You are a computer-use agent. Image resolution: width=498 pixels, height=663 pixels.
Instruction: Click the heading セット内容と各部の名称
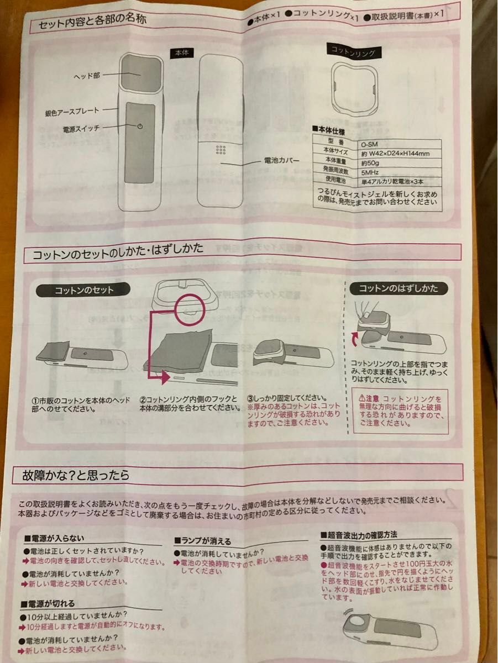click(x=93, y=25)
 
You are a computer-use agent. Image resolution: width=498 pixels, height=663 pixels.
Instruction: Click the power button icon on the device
click(x=140, y=126)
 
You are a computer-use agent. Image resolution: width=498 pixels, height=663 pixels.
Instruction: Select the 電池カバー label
click(x=282, y=161)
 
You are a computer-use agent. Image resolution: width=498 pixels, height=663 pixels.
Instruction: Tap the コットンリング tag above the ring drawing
click(x=353, y=52)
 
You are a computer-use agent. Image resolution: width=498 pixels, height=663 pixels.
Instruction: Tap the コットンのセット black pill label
click(x=83, y=290)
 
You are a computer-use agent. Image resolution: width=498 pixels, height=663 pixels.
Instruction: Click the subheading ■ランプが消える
click(x=202, y=541)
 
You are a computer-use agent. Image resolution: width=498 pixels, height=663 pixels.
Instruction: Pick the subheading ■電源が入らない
click(x=54, y=538)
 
